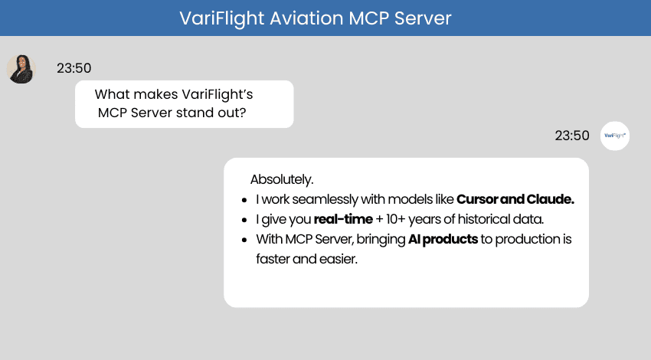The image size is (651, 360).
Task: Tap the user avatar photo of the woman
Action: point(21,69)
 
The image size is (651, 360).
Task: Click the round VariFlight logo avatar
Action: point(614,136)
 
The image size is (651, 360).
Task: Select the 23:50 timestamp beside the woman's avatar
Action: point(74,69)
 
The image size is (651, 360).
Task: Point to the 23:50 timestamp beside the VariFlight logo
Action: point(572,136)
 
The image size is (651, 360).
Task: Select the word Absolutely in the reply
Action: point(281,179)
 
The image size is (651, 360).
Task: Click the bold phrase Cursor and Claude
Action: point(515,199)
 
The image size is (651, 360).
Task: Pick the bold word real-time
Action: point(342,220)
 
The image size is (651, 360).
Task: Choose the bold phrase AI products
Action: point(443,240)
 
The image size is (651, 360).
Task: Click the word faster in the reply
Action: point(274,259)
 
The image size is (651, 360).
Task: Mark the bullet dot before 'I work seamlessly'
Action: point(244,200)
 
